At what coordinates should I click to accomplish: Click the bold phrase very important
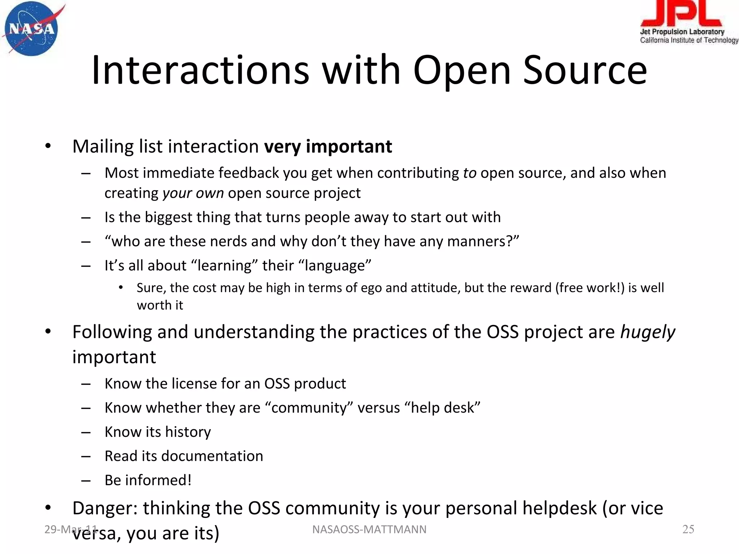coord(328,146)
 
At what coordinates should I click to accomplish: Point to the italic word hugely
coord(647,332)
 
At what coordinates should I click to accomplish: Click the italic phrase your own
coord(193,193)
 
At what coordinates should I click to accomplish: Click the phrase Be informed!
coord(148,480)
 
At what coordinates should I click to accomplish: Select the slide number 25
coord(688,529)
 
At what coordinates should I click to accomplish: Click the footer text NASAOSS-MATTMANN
coord(369,529)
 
